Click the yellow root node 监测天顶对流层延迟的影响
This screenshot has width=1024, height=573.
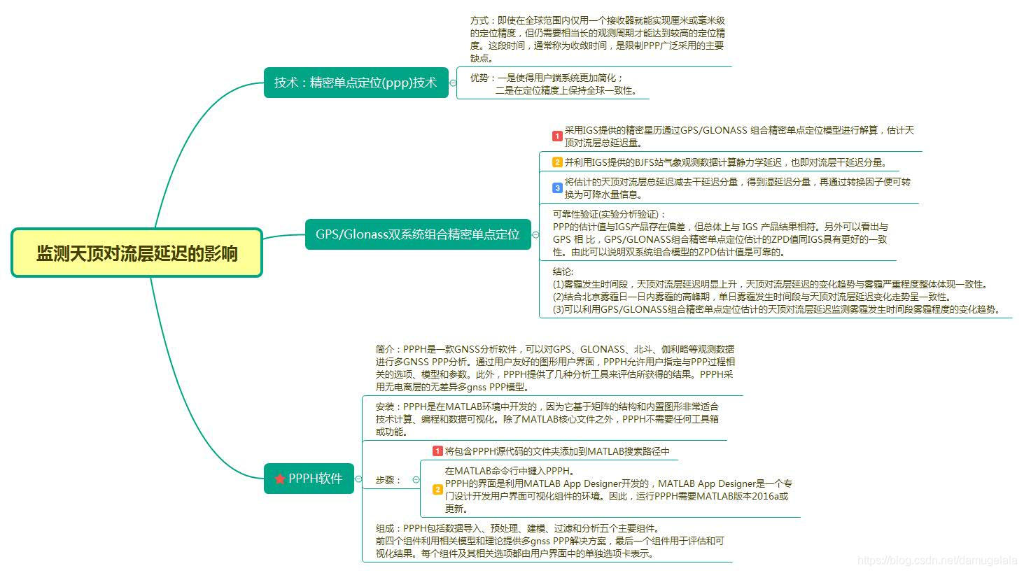(x=136, y=253)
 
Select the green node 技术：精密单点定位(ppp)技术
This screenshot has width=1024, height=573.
(x=356, y=83)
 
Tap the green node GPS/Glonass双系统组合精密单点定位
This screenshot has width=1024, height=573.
(x=418, y=234)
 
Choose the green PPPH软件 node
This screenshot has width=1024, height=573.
(x=309, y=479)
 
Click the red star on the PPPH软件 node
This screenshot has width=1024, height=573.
(x=280, y=479)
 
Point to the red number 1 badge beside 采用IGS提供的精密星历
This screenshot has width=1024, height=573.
(x=557, y=136)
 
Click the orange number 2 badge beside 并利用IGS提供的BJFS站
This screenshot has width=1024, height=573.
(x=557, y=162)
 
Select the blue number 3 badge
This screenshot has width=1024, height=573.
(x=557, y=188)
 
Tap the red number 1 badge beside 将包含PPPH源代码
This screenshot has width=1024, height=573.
(x=437, y=451)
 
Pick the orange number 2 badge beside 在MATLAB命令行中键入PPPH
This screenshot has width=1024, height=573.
(x=437, y=490)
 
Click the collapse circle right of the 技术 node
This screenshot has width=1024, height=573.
(x=453, y=83)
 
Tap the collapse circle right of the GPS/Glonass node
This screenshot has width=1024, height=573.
(x=535, y=235)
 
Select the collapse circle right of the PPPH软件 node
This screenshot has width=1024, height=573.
(x=358, y=479)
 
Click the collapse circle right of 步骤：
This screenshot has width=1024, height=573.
(x=416, y=480)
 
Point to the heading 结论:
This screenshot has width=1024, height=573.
(x=563, y=271)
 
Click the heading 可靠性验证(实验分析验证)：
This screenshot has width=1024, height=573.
(x=610, y=214)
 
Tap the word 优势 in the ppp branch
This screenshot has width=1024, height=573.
(x=479, y=78)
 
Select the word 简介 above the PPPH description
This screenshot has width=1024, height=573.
(x=385, y=349)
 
